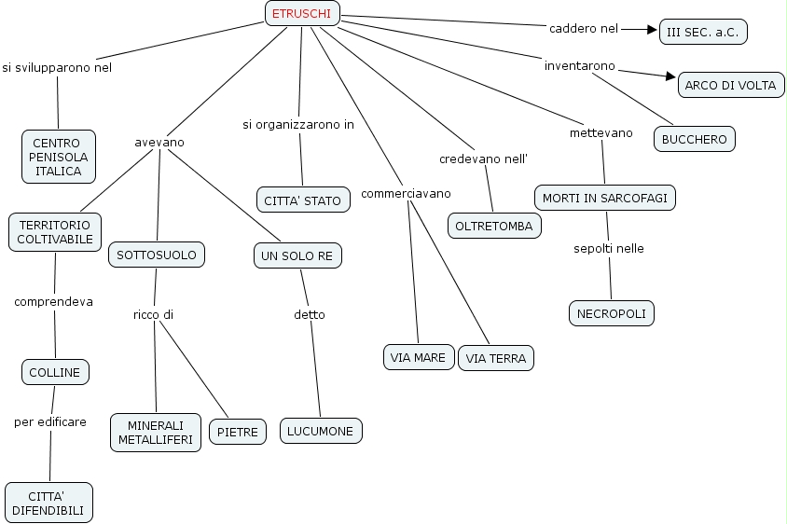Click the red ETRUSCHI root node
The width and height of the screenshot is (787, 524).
click(x=301, y=13)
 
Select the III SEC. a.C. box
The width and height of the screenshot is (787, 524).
click(x=703, y=32)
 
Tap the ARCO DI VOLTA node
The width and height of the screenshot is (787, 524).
click(x=730, y=85)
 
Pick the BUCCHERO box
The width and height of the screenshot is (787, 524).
click(x=694, y=139)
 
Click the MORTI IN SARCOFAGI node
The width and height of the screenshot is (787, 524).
click(x=604, y=198)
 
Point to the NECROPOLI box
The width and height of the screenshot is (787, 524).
click(x=611, y=313)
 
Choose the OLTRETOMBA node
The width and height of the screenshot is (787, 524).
click(x=494, y=226)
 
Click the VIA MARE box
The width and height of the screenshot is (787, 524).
click(x=418, y=357)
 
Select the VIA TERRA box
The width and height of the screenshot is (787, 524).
click(x=496, y=358)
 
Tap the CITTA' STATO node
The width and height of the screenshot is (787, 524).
click(x=302, y=200)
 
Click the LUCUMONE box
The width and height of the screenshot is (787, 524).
click(x=320, y=431)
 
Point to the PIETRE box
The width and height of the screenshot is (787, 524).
click(x=238, y=432)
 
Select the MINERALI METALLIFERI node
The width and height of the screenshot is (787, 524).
click(x=156, y=432)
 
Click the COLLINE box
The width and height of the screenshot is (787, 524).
click(x=55, y=372)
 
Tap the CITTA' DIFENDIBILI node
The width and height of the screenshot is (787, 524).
click(x=48, y=502)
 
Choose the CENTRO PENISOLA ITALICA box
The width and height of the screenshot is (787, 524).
click(x=59, y=157)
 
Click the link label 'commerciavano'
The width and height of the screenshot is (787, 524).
click(x=406, y=193)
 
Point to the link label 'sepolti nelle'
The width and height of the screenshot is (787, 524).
click(x=608, y=248)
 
